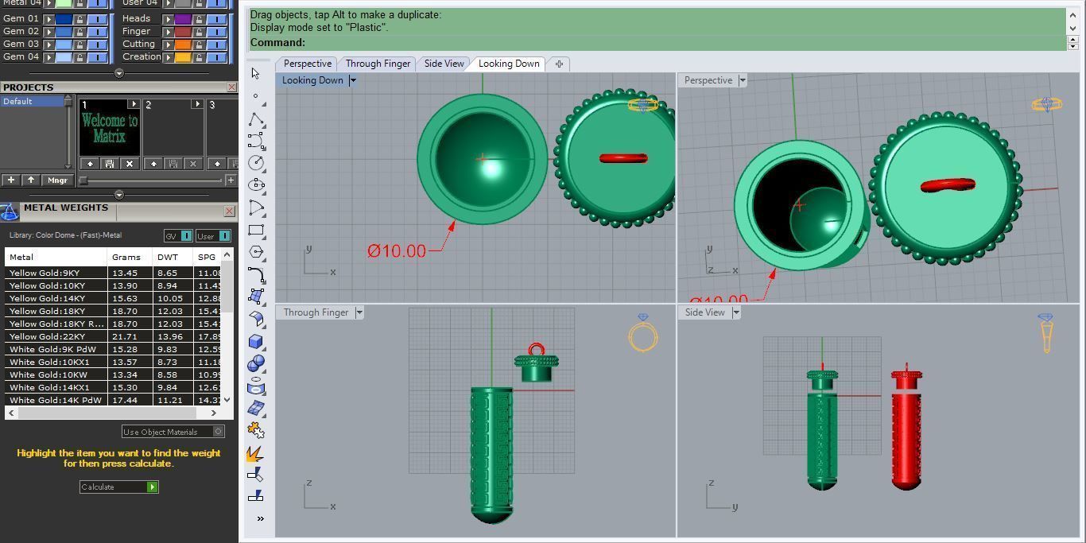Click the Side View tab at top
click(444, 64)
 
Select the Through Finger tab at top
click(378, 64)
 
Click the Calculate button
click(118, 487)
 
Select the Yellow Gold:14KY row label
click(47, 298)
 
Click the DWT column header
click(168, 257)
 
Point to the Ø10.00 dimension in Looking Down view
click(397, 251)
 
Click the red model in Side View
click(906, 429)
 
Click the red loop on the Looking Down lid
click(623, 158)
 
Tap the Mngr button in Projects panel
click(57, 180)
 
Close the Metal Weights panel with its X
click(229, 211)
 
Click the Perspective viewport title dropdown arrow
click(743, 80)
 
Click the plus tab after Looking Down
click(559, 64)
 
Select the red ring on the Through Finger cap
click(537, 349)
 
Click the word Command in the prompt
click(277, 43)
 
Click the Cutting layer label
click(138, 44)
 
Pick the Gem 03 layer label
click(21, 44)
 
